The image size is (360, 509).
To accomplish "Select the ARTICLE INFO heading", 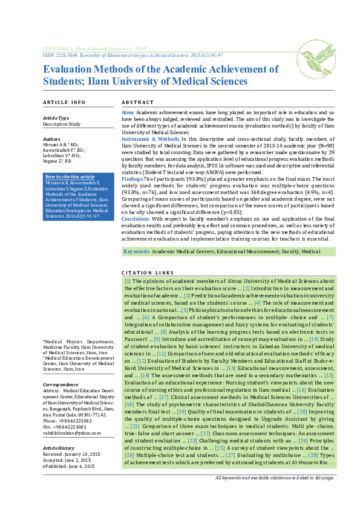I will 64,102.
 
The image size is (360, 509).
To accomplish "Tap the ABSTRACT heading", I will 138,102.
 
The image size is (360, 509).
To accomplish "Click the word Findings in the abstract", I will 133,180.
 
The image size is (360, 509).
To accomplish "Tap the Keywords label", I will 136,251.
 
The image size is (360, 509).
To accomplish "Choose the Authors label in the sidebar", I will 51,139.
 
